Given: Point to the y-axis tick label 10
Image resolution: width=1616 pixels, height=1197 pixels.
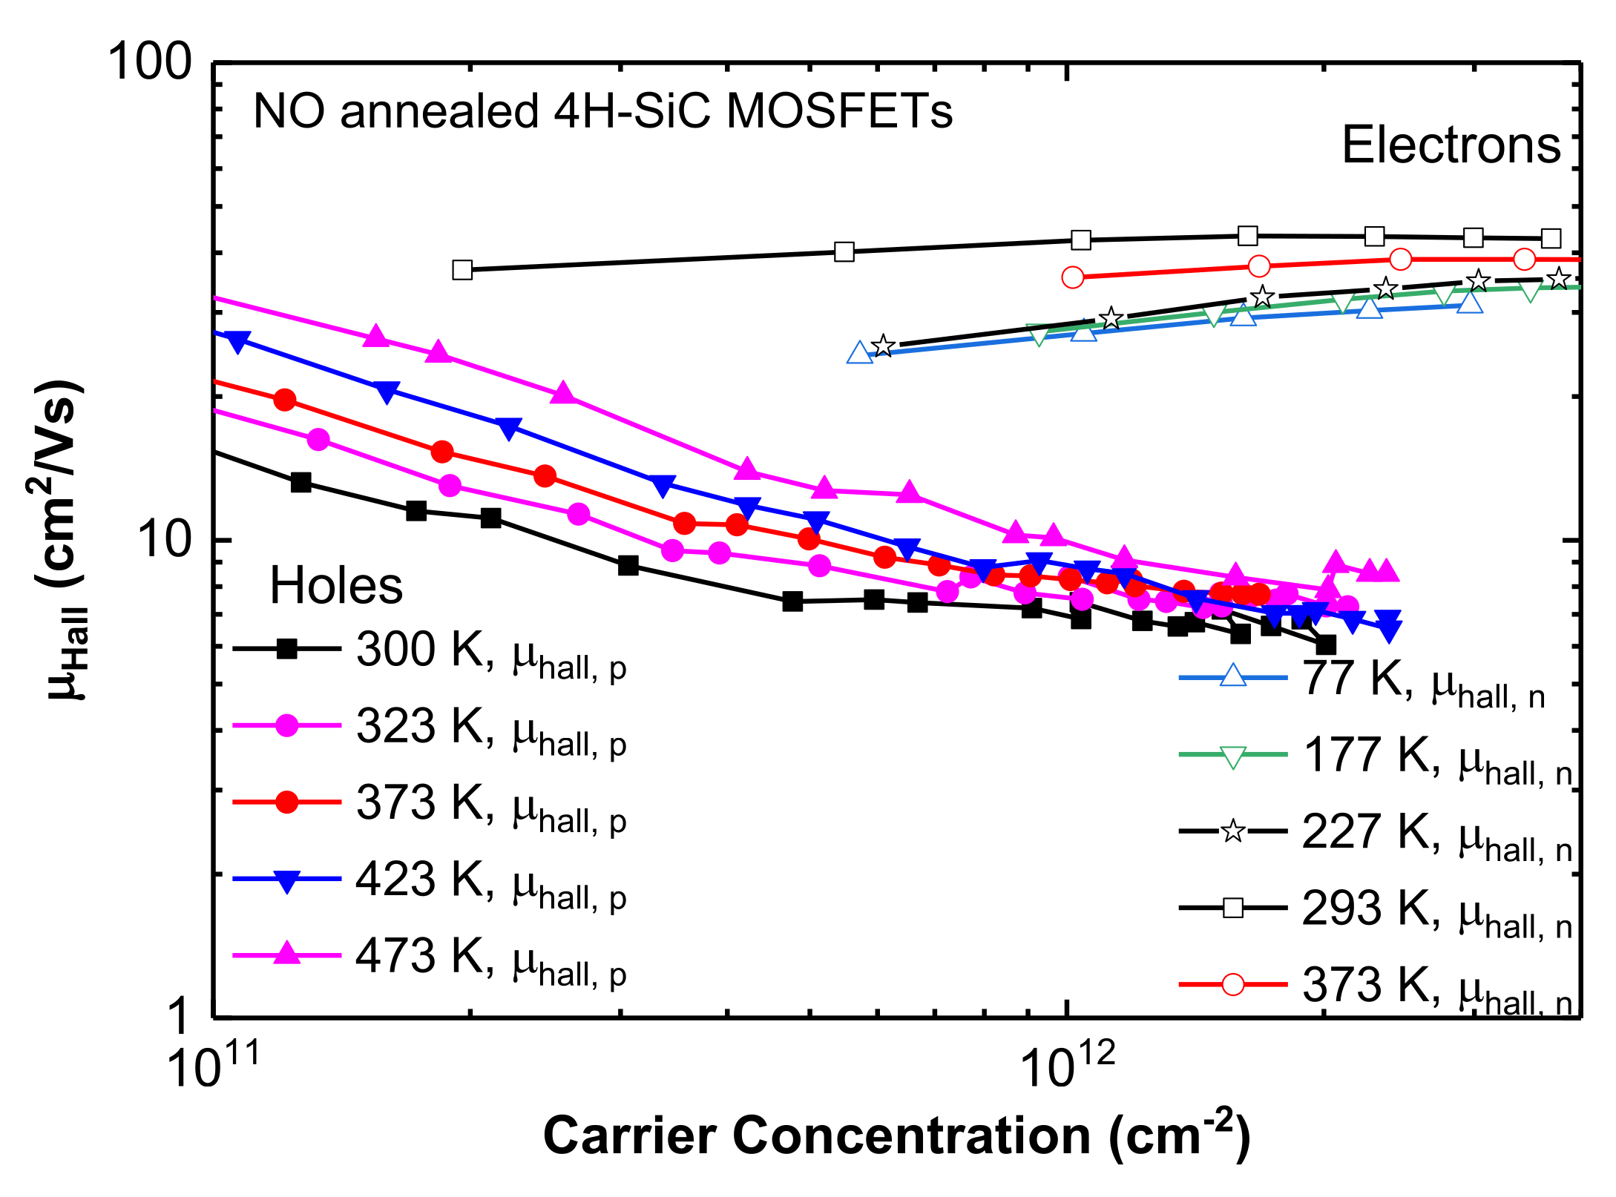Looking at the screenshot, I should (165, 539).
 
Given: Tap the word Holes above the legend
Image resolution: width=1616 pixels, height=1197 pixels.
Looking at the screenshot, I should (335, 586).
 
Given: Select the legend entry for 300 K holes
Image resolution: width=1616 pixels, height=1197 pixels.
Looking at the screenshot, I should (430, 651).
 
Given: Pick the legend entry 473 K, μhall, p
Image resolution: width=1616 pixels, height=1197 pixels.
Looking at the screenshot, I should (430, 957).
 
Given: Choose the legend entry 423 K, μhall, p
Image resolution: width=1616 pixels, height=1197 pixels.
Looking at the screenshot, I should (430, 880).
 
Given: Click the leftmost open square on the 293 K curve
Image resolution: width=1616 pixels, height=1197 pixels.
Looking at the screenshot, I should (462, 269).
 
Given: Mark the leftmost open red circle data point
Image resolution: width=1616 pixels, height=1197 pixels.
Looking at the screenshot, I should (1072, 277).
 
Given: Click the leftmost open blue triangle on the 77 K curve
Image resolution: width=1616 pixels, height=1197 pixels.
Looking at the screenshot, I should (859, 353).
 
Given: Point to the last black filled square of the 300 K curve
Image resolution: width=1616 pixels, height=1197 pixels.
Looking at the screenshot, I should (1325, 644).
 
